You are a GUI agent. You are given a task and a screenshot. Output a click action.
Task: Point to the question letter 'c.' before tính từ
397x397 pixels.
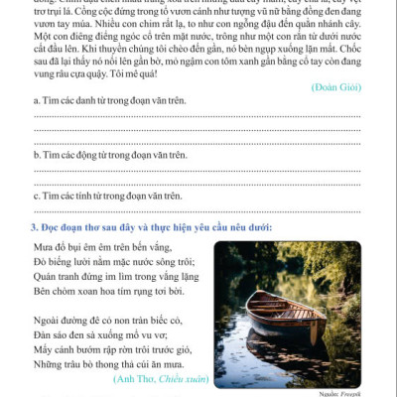[x=37, y=196]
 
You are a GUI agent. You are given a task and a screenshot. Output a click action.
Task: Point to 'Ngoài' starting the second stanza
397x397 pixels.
[x=47, y=322]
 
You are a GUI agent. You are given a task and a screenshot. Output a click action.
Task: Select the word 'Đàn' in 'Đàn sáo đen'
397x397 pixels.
[x=44, y=337]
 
